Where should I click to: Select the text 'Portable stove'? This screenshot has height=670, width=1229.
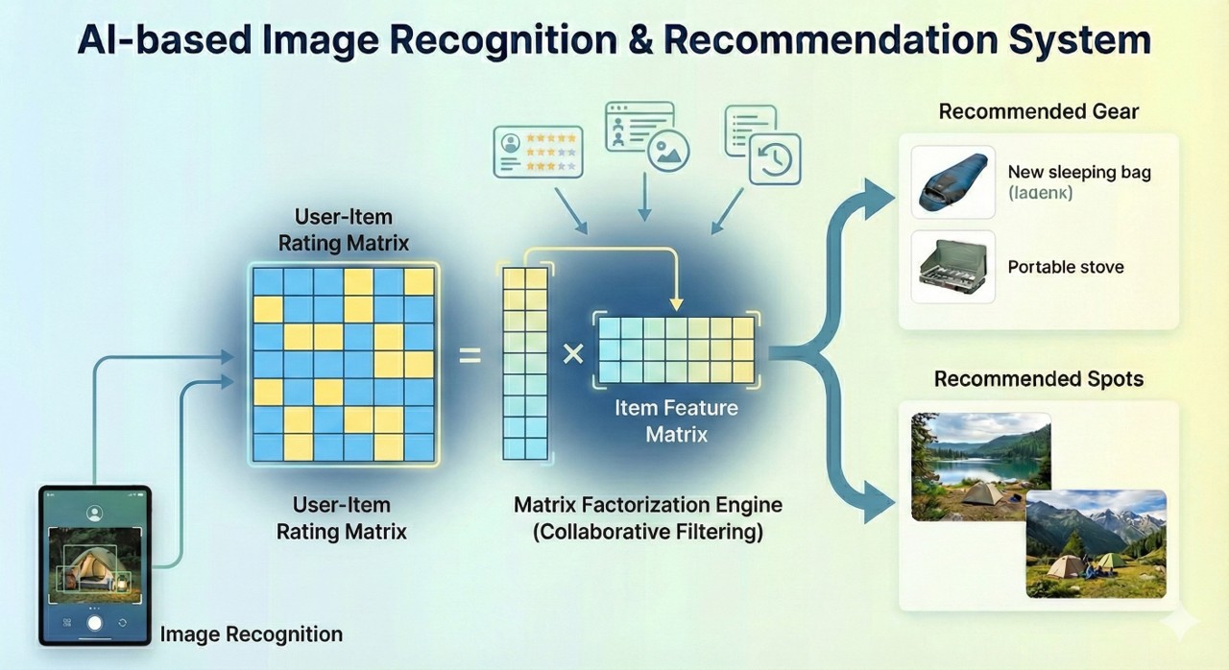(x=1066, y=267)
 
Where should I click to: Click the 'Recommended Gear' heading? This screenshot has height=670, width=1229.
(x=1039, y=111)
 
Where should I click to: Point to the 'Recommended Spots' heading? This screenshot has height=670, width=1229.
(x=1039, y=379)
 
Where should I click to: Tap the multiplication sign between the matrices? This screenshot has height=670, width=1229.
(x=572, y=354)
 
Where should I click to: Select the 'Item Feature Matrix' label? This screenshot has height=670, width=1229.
(x=677, y=420)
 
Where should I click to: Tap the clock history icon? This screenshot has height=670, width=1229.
(x=774, y=158)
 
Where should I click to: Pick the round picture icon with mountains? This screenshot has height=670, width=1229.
(x=669, y=152)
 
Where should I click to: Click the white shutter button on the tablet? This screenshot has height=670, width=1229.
(x=94, y=622)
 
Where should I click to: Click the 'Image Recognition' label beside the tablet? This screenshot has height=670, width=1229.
(x=251, y=634)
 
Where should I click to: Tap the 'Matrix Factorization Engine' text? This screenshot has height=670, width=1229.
(x=648, y=505)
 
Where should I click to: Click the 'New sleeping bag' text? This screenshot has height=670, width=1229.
(x=1079, y=173)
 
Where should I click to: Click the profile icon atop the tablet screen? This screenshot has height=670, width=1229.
(x=94, y=513)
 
